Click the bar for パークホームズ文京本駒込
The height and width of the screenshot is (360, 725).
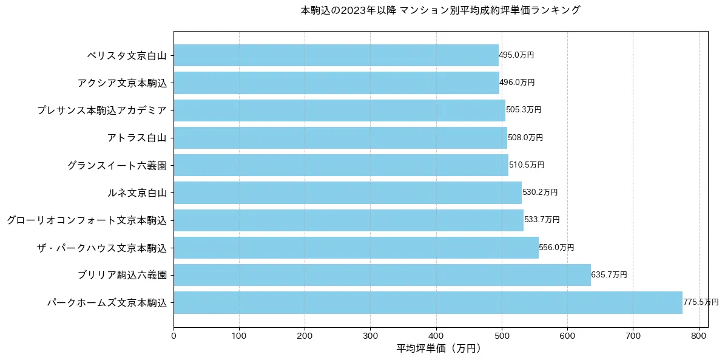click(428, 302)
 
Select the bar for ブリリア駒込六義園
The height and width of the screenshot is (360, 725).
click(382, 275)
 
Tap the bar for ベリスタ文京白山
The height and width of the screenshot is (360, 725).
click(336, 55)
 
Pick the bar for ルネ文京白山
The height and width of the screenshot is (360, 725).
click(348, 192)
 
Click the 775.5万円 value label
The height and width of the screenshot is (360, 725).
click(701, 302)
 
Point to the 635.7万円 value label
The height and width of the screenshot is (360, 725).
click(609, 275)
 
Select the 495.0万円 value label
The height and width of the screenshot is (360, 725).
click(516, 55)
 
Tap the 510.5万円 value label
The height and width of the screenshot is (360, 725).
click(527, 165)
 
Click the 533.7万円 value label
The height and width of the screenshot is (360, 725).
click(542, 220)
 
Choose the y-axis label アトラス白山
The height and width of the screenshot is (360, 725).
click(137, 138)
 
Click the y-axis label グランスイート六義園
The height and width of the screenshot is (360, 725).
click(116, 165)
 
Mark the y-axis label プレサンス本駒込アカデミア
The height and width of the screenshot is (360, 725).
click(101, 110)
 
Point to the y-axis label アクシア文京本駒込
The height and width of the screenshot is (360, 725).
click(121, 83)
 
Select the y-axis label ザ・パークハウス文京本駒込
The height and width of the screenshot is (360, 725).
click(101, 248)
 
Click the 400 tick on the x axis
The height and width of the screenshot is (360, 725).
click(436, 335)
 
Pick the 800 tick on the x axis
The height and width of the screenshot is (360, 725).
click(699, 335)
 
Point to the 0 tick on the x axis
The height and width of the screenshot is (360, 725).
click(174, 335)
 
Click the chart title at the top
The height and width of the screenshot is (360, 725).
click(440, 10)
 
